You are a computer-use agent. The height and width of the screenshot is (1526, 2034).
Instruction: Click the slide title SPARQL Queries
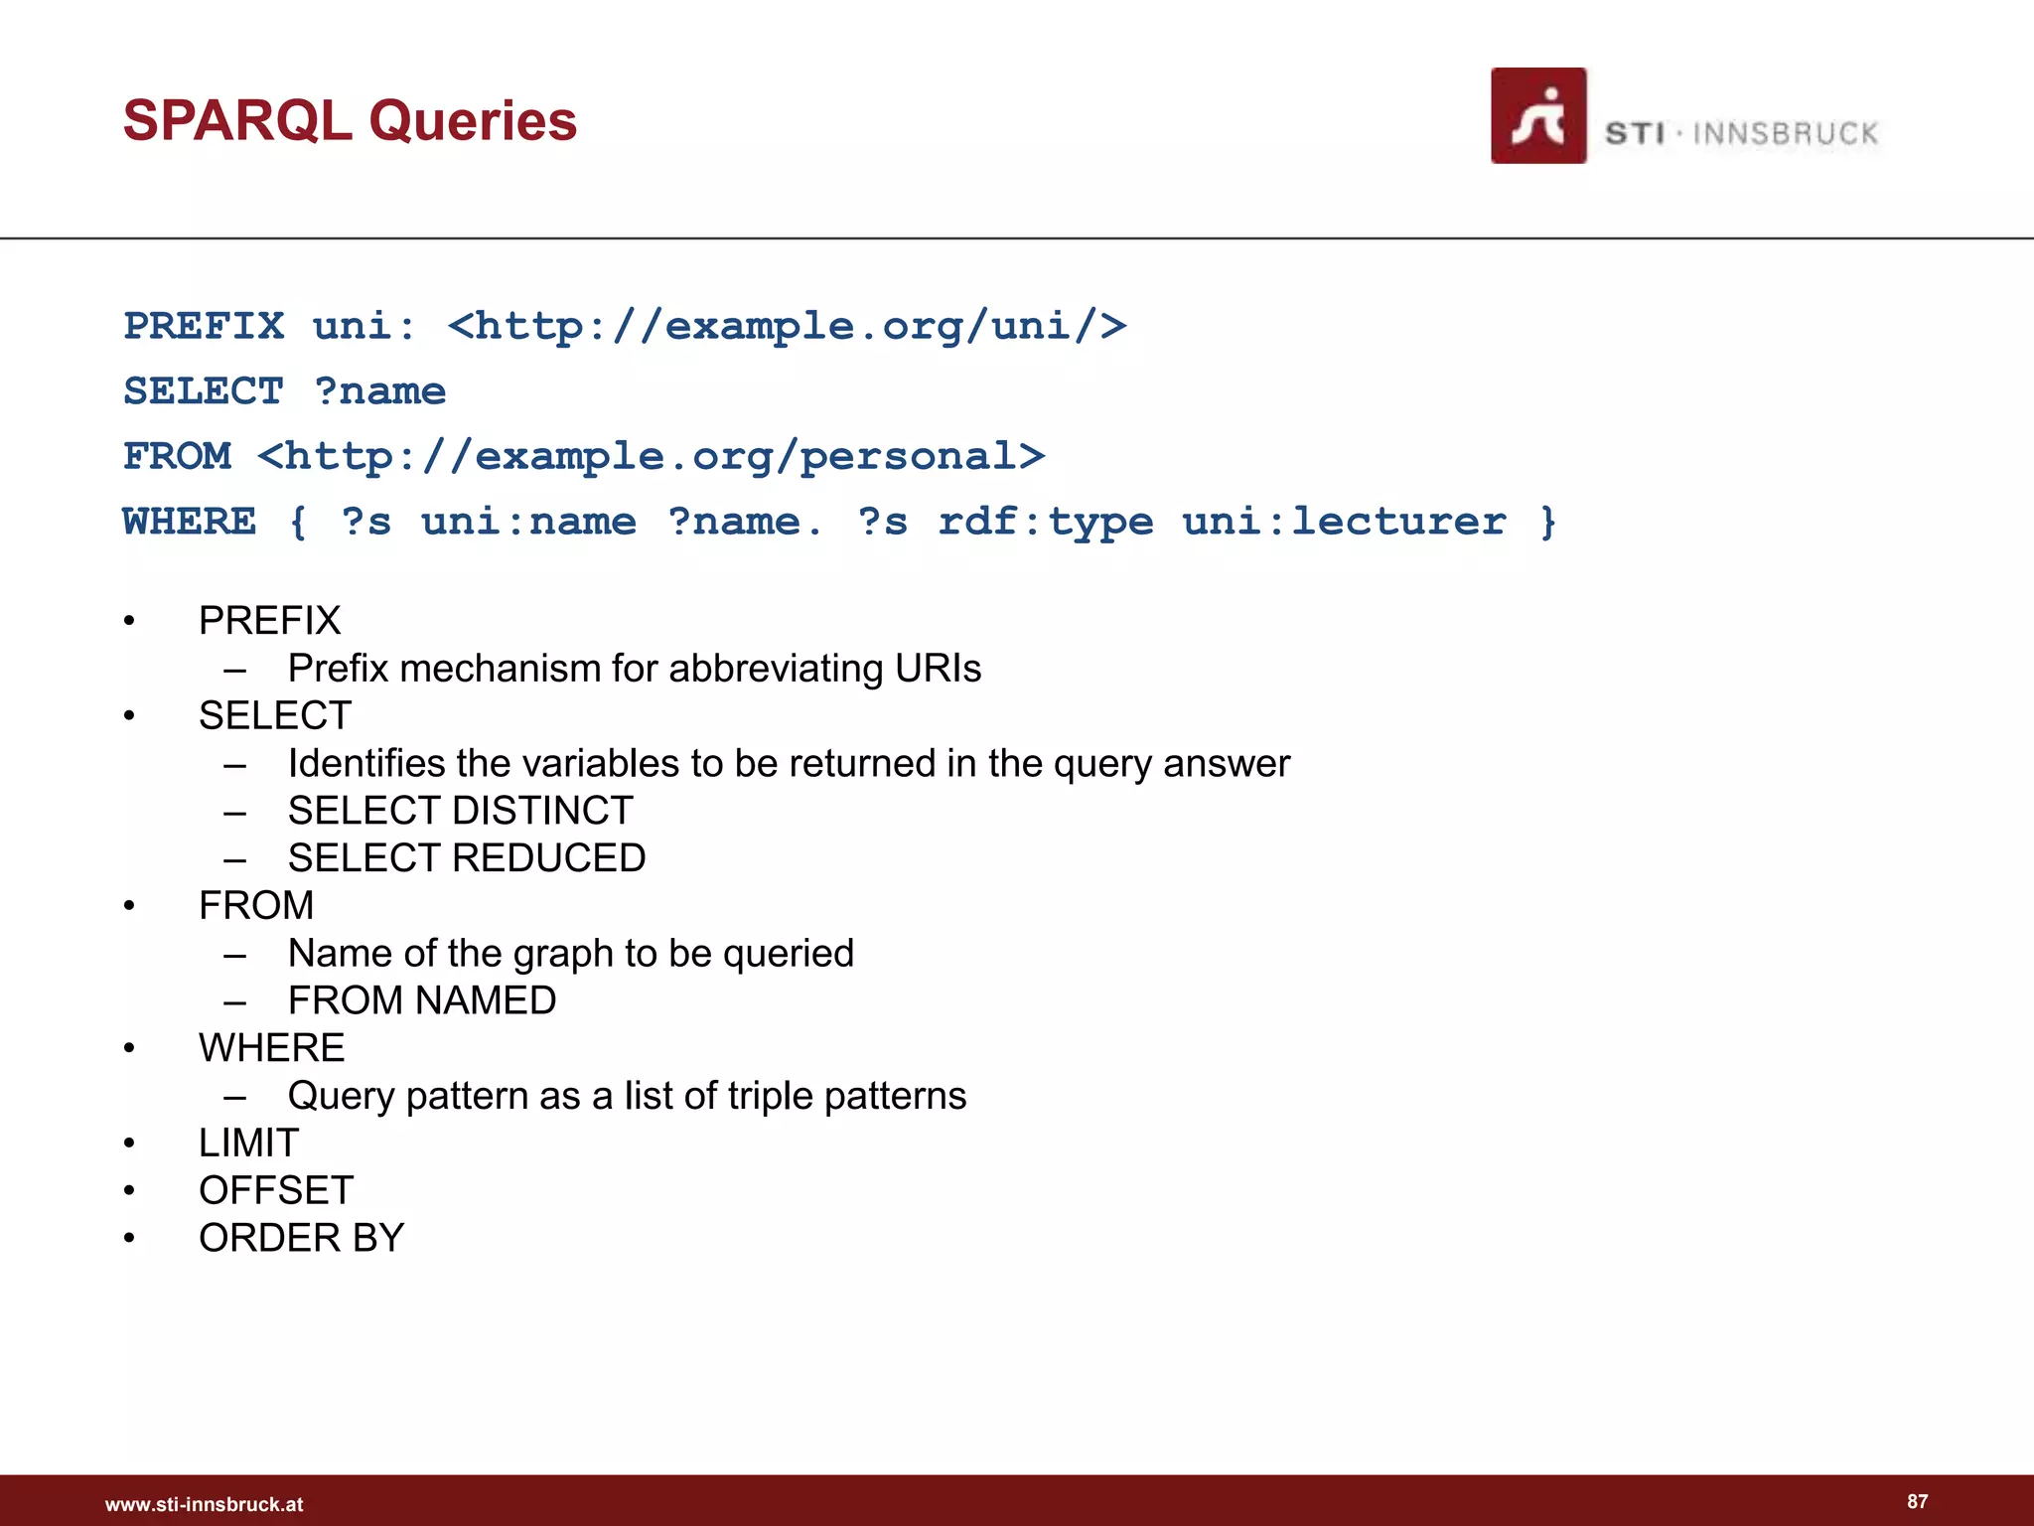pos(350,121)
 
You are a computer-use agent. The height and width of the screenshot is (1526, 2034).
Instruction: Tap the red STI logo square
pos(1537,115)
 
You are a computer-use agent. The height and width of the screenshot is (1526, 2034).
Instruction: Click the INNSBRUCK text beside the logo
pos(1785,133)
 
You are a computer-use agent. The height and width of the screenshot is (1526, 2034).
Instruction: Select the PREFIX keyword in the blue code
pos(204,326)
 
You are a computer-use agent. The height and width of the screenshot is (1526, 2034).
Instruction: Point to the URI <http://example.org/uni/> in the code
pos(787,326)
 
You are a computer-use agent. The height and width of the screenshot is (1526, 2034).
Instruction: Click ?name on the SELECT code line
pos(379,391)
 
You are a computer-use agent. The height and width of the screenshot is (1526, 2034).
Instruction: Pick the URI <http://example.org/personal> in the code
pos(651,456)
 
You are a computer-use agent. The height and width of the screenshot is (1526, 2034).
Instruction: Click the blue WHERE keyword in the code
pos(189,522)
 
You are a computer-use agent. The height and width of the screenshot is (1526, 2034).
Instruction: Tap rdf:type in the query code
pos(1045,522)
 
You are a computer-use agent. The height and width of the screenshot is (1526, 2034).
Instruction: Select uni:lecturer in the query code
pos(1344,522)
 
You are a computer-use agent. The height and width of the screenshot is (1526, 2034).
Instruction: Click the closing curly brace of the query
pos(1547,522)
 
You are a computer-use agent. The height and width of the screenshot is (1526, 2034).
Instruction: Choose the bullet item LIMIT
pos(248,1143)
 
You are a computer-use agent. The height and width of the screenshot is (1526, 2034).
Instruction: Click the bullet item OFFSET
pos(276,1190)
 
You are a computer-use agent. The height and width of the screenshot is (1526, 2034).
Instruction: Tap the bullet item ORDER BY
pos(301,1238)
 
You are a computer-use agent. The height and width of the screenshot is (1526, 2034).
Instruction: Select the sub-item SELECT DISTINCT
pos(460,811)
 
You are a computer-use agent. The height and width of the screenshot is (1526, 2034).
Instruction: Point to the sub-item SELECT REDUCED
pos(467,858)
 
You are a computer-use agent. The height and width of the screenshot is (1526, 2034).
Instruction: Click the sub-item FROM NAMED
pos(422,1000)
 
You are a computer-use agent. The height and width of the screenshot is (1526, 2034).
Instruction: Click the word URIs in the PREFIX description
pos(938,669)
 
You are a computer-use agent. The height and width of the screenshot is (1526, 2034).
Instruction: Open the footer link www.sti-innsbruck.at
pos(204,1504)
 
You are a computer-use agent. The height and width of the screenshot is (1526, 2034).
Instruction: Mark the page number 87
pos(1917,1501)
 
